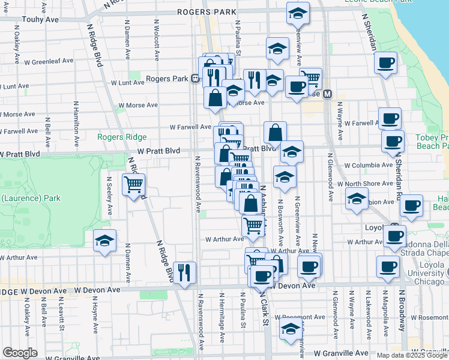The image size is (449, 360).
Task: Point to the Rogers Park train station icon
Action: point(195,79)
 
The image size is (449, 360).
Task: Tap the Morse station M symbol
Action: point(328,94)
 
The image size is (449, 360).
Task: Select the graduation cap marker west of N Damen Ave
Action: point(105,241)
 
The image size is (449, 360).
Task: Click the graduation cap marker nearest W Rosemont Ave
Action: point(290,329)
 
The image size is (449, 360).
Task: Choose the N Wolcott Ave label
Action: point(156,42)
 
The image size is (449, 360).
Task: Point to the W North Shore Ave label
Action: point(362,184)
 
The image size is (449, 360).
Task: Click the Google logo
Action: point(20,353)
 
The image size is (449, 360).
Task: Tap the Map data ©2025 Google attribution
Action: point(411,355)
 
